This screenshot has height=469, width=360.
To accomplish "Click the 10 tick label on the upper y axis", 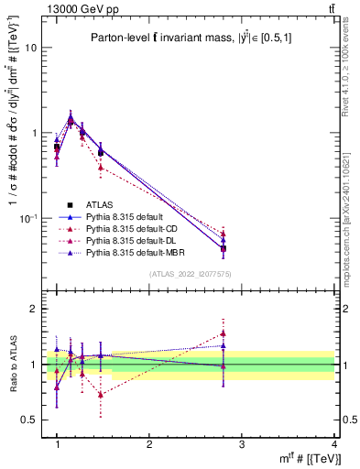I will pyautogui.click(x=31, y=48).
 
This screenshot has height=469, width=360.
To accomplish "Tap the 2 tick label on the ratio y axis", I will pyautogui.click(x=34, y=310).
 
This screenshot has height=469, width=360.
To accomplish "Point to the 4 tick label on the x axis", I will pyautogui.click(x=333, y=444).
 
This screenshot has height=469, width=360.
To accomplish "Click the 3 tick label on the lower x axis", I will pyautogui.click(x=241, y=444).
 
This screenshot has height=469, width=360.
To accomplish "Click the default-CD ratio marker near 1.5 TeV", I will pyautogui.click(x=101, y=395).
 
